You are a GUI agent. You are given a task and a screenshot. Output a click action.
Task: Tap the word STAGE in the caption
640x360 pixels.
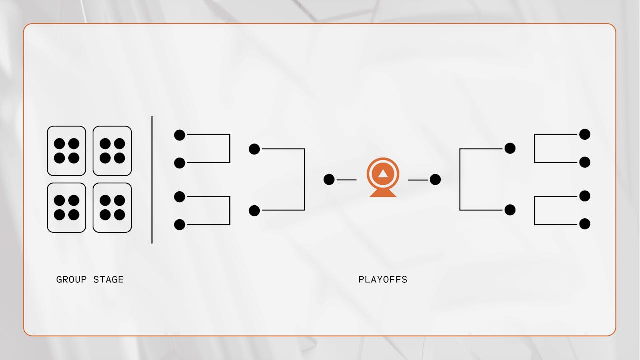pyautogui.click(x=108, y=279)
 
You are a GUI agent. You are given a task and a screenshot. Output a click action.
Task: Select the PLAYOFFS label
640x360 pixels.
pyautogui.click(x=383, y=279)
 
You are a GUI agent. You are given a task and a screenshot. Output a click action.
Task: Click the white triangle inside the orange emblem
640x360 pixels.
pyautogui.click(x=383, y=174)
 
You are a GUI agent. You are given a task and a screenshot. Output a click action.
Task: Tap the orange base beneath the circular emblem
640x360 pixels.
pyautogui.click(x=383, y=193)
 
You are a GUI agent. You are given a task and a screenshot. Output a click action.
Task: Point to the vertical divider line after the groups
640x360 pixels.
pyautogui.click(x=152, y=180)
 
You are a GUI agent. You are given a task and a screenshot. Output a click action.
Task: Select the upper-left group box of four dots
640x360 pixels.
pyautogui.click(x=66, y=151)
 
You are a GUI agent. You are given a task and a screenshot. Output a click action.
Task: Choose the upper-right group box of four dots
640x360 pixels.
pyautogui.click(x=112, y=151)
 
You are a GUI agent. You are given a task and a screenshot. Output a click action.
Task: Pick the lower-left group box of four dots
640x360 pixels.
pyautogui.click(x=66, y=207)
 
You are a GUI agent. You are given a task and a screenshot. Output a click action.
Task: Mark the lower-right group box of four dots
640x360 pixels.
pyautogui.click(x=112, y=207)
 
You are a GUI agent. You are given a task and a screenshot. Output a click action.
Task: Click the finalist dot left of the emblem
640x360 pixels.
pyautogui.click(x=329, y=180)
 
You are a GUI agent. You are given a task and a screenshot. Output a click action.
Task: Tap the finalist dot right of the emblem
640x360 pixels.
pyautogui.click(x=435, y=180)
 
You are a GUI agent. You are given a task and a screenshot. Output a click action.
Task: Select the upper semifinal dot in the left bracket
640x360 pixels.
pyautogui.click(x=254, y=149)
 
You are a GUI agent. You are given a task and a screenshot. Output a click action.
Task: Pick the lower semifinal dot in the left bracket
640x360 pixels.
pyautogui.click(x=254, y=211)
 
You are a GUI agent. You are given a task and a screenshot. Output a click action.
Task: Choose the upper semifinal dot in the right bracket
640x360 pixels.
pyautogui.click(x=510, y=148)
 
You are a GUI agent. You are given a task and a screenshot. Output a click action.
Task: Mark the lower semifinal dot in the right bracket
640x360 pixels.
pyautogui.click(x=510, y=210)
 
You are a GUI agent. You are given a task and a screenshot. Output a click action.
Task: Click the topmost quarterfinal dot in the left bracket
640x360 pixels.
pyautogui.click(x=180, y=135)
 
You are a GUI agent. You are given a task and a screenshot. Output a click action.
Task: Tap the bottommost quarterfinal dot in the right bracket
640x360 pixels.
pyautogui.click(x=585, y=224)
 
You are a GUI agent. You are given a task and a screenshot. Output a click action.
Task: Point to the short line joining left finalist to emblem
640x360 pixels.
pyautogui.click(x=347, y=180)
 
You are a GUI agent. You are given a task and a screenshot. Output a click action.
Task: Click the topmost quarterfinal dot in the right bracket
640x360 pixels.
pyautogui.click(x=585, y=134)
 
